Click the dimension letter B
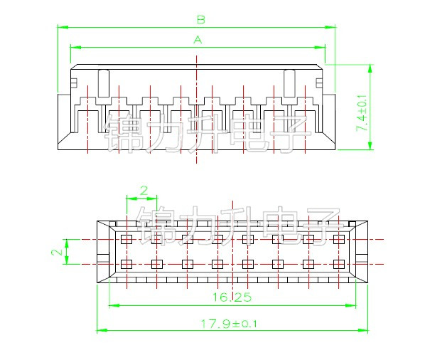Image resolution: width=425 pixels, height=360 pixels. click(200, 19)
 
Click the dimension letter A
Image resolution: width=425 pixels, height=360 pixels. click(198, 41)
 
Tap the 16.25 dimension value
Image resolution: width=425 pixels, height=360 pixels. click(232, 297)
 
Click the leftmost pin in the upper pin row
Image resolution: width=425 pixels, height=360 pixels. click(127, 239)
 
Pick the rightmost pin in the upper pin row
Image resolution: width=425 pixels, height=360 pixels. click(338, 239)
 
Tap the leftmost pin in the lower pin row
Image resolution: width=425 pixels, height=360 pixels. click(127, 265)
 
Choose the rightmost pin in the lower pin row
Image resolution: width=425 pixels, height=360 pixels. click(338, 265)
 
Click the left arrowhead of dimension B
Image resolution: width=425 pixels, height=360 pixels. click(60, 27)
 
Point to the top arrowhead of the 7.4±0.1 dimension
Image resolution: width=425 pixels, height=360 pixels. click(370, 67)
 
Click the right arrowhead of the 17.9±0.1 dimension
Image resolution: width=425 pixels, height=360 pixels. click(366, 331)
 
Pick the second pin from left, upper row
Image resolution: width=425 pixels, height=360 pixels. click(157, 239)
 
